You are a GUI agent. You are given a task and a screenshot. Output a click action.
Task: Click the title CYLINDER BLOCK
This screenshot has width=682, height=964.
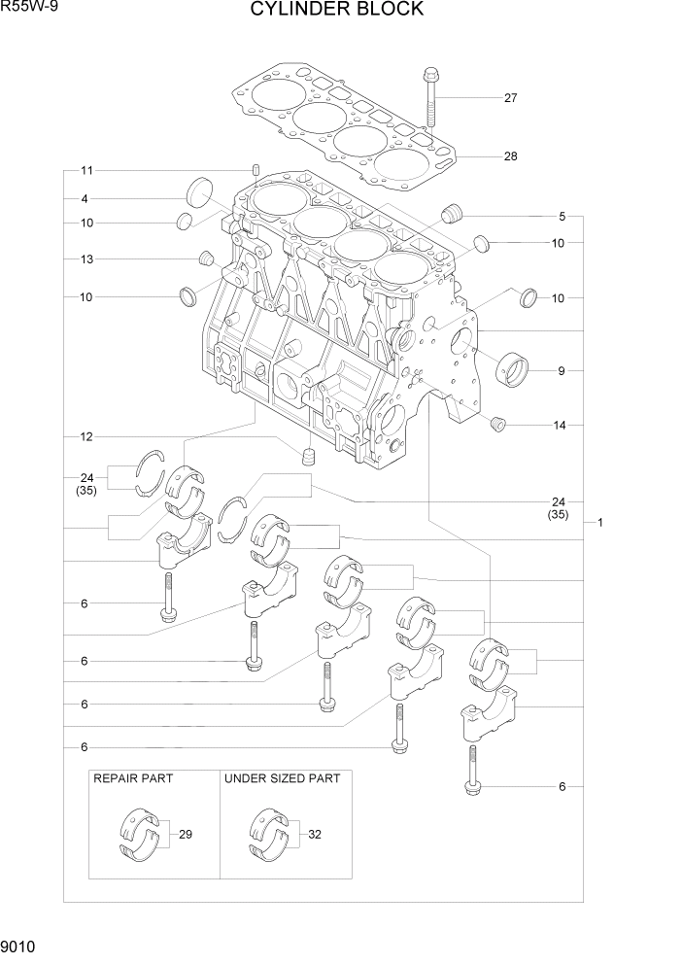click(337, 10)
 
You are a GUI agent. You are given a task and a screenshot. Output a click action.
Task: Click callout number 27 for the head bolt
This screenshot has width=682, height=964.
click(510, 97)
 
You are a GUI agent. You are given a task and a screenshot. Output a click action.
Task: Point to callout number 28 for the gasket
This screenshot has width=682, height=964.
click(510, 156)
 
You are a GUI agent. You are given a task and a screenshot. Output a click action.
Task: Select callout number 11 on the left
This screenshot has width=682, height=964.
click(85, 171)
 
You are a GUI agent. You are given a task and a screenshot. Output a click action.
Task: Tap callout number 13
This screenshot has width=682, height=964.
click(85, 259)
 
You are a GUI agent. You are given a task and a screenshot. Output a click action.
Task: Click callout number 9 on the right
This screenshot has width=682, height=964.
click(561, 370)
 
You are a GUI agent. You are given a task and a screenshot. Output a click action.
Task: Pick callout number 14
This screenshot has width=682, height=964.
click(561, 425)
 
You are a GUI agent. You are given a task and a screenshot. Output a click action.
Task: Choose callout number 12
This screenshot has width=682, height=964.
click(85, 437)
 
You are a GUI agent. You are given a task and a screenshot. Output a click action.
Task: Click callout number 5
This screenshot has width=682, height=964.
click(561, 216)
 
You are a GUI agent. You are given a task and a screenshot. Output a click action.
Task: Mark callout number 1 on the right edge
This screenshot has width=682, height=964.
click(600, 522)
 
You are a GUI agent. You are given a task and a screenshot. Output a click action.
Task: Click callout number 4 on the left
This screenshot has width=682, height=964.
click(85, 199)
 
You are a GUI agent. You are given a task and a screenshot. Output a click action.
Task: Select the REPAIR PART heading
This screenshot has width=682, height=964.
click(130, 778)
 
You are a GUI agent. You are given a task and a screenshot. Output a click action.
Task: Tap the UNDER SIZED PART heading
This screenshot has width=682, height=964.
click(283, 778)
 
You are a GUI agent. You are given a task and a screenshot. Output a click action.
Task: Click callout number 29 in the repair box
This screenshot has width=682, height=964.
click(186, 834)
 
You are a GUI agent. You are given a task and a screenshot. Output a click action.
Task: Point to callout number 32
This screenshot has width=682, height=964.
click(315, 834)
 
